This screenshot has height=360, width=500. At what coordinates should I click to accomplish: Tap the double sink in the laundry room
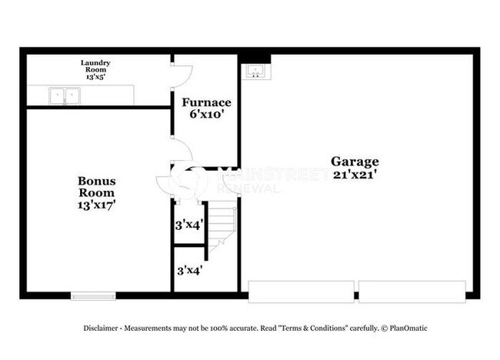pyautogui.click(x=65, y=95)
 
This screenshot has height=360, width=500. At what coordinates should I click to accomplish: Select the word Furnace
pyautogui.click(x=205, y=102)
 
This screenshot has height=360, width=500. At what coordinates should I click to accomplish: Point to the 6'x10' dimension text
pyautogui.click(x=205, y=115)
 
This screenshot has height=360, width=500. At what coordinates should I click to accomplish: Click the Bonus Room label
pyautogui.click(x=97, y=187)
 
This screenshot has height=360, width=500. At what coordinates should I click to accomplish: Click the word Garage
pyautogui.click(x=355, y=162)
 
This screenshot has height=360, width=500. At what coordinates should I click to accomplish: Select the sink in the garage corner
pyautogui.click(x=255, y=72)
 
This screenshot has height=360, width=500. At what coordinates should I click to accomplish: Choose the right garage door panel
pyautogui.click(x=412, y=291)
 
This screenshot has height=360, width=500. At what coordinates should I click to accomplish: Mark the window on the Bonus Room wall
pyautogui.click(x=93, y=295)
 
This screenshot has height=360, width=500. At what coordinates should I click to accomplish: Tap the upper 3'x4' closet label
pyautogui.click(x=188, y=226)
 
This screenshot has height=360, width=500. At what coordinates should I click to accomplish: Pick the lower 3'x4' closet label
pyautogui.click(x=188, y=271)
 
